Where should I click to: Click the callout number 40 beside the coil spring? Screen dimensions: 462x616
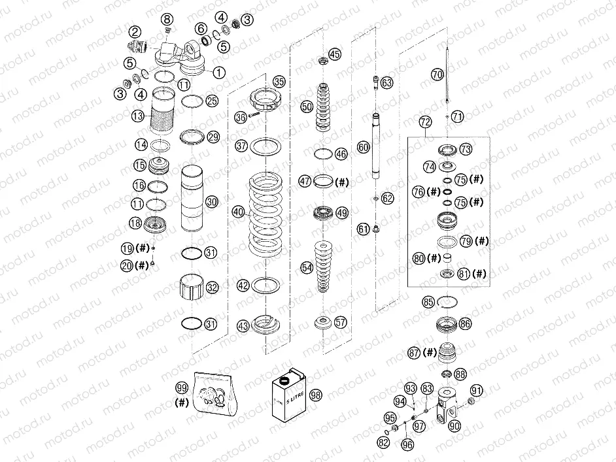coord(238,212)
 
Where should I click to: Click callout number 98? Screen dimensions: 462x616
coord(317,395)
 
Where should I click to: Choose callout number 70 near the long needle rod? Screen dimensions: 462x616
coord(437,74)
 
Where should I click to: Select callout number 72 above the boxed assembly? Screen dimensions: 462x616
coord(426,122)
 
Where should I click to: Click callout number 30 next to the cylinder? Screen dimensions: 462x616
coord(211,203)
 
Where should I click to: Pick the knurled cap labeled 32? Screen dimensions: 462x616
coord(193,288)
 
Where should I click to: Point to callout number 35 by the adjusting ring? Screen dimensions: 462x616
coord(279,82)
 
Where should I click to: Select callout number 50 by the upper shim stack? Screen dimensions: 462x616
coord(307,106)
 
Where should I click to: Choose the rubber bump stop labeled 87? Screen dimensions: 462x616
coord(447,353)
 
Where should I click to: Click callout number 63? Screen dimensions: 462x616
coord(388,83)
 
